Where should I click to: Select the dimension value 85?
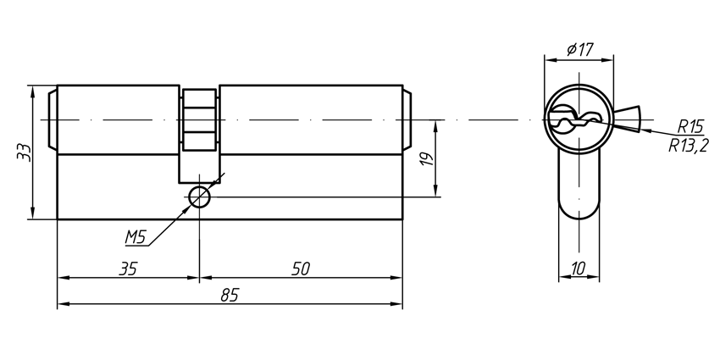point(229,294)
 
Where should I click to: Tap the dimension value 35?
point(128,269)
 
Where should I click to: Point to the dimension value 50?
point(300,269)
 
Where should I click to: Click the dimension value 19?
point(428,158)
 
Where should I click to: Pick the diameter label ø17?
point(578,50)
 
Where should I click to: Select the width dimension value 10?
point(579,269)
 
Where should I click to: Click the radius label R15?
point(690,127)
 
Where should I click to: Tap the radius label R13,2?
point(687,145)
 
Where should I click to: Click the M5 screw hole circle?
point(199,197)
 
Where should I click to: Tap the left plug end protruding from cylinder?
point(53,120)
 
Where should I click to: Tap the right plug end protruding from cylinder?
point(407,120)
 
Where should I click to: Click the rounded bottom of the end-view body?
point(579,208)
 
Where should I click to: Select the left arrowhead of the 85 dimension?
point(62,304)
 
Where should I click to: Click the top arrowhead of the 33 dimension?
point(32,90)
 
